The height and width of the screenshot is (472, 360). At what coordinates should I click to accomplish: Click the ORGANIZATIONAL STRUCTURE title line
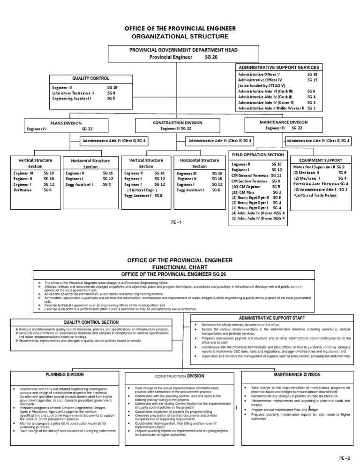click(x=180, y=36)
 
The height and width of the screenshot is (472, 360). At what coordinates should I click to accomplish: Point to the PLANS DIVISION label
click(x=66, y=123)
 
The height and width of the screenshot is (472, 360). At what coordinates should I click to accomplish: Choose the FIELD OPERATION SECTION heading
click(x=258, y=154)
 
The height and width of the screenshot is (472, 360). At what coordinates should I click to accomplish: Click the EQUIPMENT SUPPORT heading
click(x=320, y=160)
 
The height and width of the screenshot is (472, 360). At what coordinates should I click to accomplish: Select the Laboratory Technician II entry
click(x=73, y=93)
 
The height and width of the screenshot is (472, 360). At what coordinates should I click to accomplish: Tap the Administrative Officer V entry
click(x=259, y=75)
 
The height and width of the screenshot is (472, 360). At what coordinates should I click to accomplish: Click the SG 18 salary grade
click(x=312, y=75)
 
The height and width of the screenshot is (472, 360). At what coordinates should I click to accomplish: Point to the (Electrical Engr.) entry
click(x=142, y=190)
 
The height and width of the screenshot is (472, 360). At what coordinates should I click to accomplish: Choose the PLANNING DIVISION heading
click(x=65, y=375)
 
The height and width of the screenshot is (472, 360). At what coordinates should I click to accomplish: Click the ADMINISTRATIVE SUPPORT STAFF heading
click(x=275, y=318)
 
